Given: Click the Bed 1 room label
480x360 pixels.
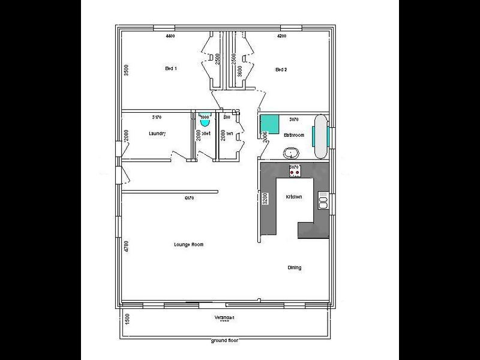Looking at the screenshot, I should tap(170, 69).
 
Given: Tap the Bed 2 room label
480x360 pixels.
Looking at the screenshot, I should tap(281, 70).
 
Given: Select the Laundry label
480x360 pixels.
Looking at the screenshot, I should tap(157, 134).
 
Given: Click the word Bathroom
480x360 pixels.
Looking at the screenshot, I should tap(294, 135).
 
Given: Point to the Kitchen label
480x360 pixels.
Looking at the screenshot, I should tap(293, 197).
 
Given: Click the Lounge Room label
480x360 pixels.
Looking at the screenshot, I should tap(188, 244).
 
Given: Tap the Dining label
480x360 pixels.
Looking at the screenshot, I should tap(294, 268).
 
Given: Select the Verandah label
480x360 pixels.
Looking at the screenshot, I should tap(224, 317).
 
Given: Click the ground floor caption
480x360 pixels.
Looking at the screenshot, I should tap(224, 341).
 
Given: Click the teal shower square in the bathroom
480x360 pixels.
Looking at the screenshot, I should tap(268, 124).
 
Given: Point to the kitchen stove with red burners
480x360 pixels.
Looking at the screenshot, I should tap(294, 172).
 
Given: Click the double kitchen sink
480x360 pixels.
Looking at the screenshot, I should tap(323, 200).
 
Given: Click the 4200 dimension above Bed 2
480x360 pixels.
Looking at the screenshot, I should tap(281, 37).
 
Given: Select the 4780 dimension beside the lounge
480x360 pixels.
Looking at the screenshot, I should tap(126, 247).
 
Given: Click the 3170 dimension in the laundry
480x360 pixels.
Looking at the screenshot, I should tap(157, 117).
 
